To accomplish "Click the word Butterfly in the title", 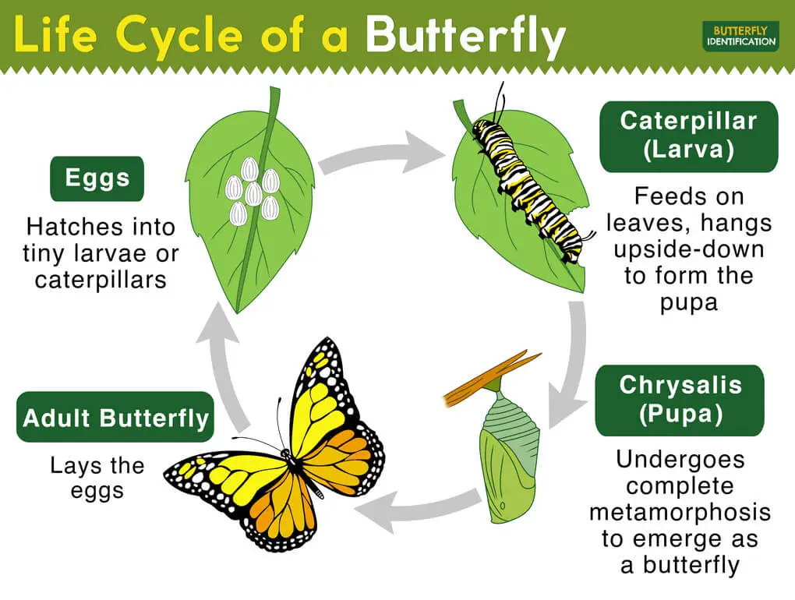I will (465, 37).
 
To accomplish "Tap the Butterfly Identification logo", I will (740, 36).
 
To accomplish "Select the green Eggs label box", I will (97, 178).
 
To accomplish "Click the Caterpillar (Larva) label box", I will (688, 136).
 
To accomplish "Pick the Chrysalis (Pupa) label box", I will (680, 399).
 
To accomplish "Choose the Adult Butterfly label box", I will (115, 418).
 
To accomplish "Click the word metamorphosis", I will (680, 512).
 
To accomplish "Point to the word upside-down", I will (688, 249).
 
